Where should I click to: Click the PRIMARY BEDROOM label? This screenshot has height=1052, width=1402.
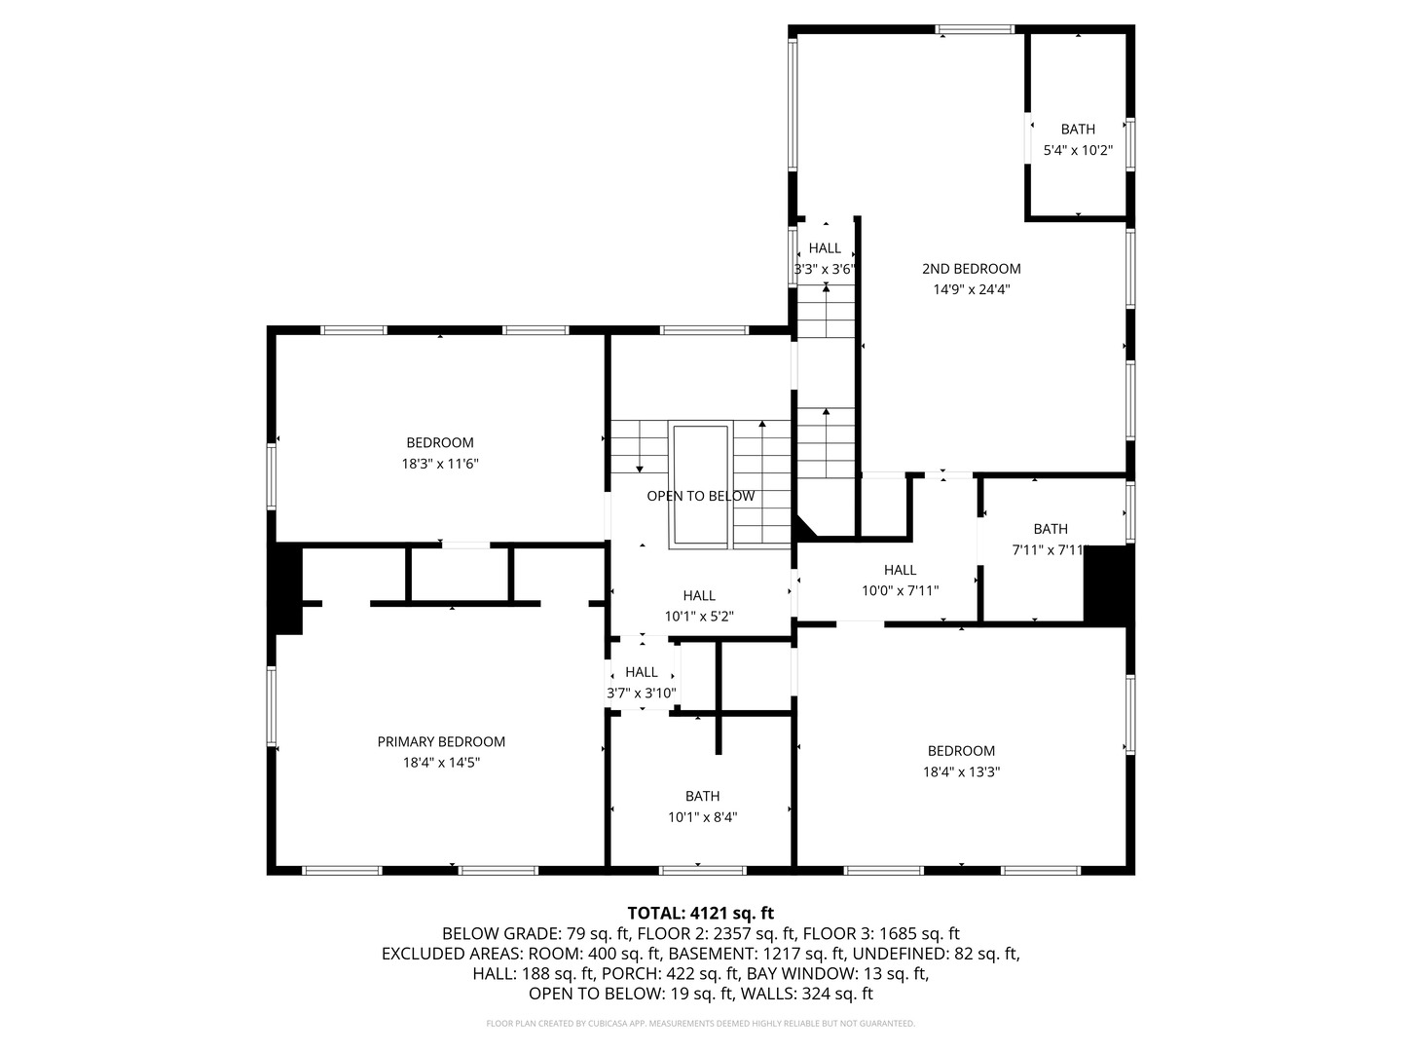pyautogui.click(x=441, y=741)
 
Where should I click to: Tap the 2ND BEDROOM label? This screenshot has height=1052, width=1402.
pyautogui.click(x=971, y=269)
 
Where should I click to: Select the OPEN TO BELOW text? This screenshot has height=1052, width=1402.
pyautogui.click(x=701, y=497)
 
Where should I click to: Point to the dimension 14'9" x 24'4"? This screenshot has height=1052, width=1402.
pyautogui.click(x=971, y=289)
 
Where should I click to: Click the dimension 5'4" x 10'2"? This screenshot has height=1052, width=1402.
pyautogui.click(x=1078, y=150)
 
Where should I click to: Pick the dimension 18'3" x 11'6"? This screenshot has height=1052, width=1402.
pyautogui.click(x=439, y=464)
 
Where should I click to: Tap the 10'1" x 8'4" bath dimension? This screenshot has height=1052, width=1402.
pyautogui.click(x=703, y=817)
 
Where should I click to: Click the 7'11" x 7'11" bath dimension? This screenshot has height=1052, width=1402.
pyautogui.click(x=1050, y=550)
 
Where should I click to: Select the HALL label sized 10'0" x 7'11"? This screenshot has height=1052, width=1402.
pyautogui.click(x=900, y=570)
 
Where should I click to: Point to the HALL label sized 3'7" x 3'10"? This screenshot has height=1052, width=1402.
pyautogui.click(x=642, y=672)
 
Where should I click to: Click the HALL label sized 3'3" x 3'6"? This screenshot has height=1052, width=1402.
pyautogui.click(x=825, y=247)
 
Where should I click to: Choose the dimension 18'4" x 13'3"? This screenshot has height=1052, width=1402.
pyautogui.click(x=961, y=771)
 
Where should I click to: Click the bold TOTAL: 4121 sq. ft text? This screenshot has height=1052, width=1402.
pyautogui.click(x=701, y=913)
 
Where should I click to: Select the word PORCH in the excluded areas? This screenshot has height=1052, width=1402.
pyautogui.click(x=639, y=973)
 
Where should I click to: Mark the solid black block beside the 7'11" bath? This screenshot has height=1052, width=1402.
pyautogui.click(x=1108, y=582)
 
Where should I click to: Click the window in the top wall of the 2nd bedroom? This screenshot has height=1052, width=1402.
pyautogui.click(x=975, y=29)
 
